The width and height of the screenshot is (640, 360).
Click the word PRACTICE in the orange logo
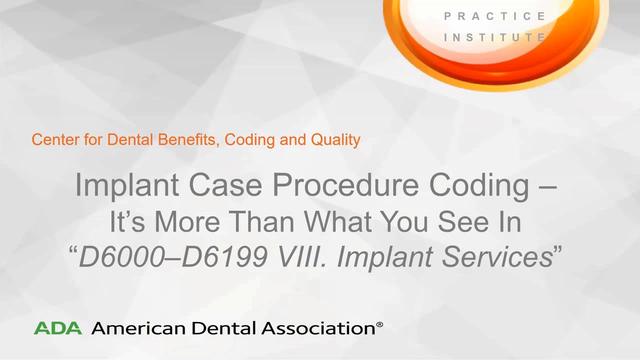(x=495, y=16)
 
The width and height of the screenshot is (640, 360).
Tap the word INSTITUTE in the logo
(x=495, y=37)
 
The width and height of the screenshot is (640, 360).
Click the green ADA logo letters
(x=57, y=328)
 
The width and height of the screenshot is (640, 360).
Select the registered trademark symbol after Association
(x=379, y=324)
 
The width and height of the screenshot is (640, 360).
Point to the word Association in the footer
(x=318, y=328)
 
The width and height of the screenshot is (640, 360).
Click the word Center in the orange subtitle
(x=55, y=139)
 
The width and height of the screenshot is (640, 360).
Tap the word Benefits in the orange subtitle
(x=188, y=140)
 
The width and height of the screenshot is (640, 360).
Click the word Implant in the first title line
(x=127, y=185)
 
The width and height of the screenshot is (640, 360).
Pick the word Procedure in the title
(x=345, y=184)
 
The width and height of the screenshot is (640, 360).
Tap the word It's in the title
(x=127, y=221)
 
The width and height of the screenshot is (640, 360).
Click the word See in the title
(x=463, y=221)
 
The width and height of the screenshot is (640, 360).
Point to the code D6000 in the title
(x=122, y=256)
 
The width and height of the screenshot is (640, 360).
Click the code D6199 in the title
(x=224, y=256)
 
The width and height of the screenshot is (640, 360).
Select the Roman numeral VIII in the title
(x=301, y=256)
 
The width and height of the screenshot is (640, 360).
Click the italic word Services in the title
(x=497, y=256)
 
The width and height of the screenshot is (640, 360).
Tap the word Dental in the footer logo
(x=223, y=328)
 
